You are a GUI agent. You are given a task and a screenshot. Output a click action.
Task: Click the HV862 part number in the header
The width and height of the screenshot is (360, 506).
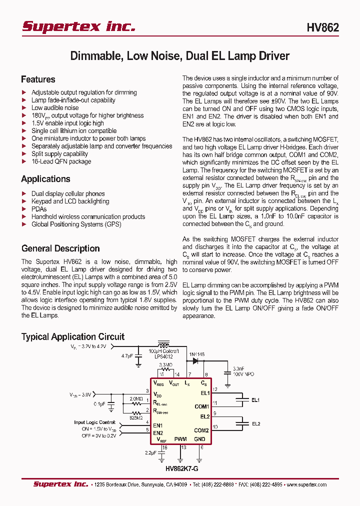pyautogui.click(x=322, y=27)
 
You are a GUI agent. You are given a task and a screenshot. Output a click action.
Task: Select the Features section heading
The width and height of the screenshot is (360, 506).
pyautogui.click(x=38, y=79)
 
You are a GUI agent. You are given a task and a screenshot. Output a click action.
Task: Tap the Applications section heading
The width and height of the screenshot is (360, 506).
pyautogui.click(x=45, y=179)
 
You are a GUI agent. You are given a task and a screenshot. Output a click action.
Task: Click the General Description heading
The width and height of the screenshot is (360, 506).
pyautogui.click(x=60, y=248)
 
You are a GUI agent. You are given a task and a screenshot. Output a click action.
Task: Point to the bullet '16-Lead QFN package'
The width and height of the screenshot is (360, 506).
pyautogui.click(x=61, y=161)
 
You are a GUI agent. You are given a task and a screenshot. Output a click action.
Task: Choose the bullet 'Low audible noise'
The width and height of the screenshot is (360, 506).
pyautogui.click(x=55, y=107)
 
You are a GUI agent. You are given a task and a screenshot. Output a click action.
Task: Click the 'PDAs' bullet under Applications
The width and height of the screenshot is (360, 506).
pyautogui.click(x=39, y=209)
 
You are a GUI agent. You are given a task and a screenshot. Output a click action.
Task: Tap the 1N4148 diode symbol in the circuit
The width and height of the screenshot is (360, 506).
pyautogui.click(x=196, y=359)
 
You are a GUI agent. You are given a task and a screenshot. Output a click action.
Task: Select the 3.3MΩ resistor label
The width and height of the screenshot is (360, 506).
pyautogui.click(x=166, y=365)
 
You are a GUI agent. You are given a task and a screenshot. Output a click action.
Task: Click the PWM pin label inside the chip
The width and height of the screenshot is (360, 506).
pyautogui.click(x=180, y=439)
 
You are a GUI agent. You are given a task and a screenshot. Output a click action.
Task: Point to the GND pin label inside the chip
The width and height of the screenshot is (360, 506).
pyautogui.click(x=199, y=439)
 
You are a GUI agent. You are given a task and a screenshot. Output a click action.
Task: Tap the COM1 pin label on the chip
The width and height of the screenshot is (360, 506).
pyautogui.click(x=201, y=406)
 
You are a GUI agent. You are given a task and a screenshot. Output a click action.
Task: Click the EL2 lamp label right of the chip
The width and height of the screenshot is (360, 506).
pyautogui.click(x=255, y=424)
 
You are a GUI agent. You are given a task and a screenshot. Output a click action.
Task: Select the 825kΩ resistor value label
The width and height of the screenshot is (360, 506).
pyautogui.click(x=136, y=417)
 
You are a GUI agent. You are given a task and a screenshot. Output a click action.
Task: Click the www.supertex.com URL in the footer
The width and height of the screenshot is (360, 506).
pyautogui.click(x=306, y=484)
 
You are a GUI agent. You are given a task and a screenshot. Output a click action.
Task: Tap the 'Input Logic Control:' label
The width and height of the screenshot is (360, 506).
pyautogui.click(x=95, y=422)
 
